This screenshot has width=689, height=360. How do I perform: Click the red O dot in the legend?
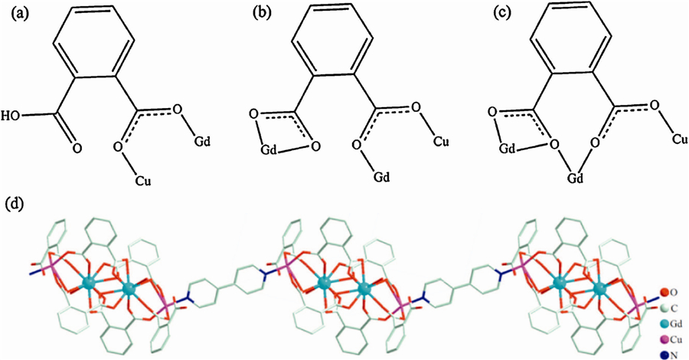[662, 292]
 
